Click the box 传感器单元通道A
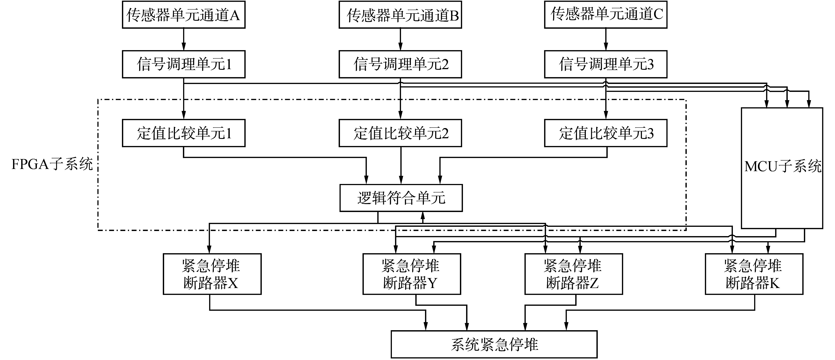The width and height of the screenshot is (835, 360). click(184, 15)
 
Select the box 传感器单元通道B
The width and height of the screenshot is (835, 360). click(400, 15)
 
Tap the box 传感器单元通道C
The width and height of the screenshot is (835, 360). click(605, 15)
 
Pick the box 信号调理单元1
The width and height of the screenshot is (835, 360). click(184, 64)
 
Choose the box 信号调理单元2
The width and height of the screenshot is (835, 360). click(400, 64)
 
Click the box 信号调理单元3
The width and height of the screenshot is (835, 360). click(605, 64)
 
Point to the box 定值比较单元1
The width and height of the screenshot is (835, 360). click(184, 133)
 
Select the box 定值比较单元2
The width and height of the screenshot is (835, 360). click(400, 133)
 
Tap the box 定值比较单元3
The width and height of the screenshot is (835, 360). click(605, 133)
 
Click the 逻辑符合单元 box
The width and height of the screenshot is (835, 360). click(401, 198)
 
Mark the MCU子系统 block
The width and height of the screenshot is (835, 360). click(782, 168)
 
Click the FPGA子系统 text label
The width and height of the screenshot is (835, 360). click(52, 165)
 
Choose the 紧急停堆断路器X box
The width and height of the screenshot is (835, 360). click(212, 274)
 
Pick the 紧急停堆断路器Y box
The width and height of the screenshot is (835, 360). click(411, 274)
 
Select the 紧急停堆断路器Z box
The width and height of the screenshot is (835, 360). click(573, 274)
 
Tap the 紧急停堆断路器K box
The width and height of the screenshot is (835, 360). click(754, 274)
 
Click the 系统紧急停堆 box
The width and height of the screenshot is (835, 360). click(494, 344)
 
